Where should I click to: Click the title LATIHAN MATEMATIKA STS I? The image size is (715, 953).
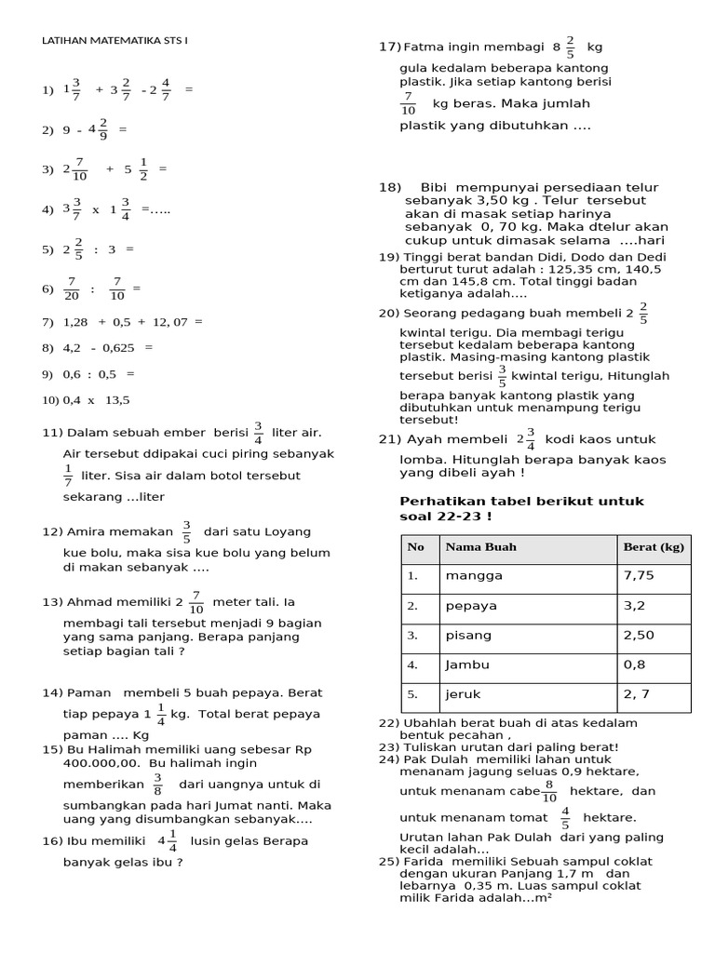point(115,41)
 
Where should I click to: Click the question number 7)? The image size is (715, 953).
point(48,322)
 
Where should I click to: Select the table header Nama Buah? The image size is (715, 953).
point(480,547)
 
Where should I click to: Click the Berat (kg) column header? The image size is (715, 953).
point(654,547)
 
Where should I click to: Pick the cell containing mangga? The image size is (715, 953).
point(474,576)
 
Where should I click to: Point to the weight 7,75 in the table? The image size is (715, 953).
point(640,576)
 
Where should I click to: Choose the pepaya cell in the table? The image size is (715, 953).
point(472,606)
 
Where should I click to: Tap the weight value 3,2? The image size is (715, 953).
point(633,606)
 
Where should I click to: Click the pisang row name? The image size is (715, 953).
point(470,636)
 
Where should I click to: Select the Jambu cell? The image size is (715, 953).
point(467,665)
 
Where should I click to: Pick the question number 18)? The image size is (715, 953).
point(389,187)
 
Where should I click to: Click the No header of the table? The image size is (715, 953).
point(415,547)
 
